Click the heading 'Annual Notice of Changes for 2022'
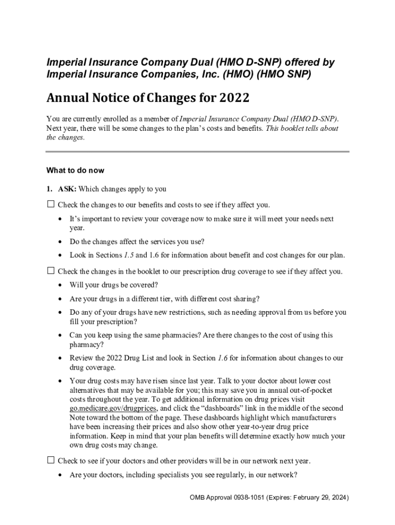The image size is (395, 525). click(148, 97)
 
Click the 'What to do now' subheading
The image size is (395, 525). click(75, 170)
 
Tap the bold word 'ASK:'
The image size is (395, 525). click(67, 189)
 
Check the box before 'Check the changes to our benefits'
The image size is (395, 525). click(50, 205)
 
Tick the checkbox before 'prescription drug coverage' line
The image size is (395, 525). click(50, 271)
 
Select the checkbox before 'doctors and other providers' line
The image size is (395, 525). click(50, 460)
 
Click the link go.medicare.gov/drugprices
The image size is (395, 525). click(112, 409)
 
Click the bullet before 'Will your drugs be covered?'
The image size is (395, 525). click(61, 285)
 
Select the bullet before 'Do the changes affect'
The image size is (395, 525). click(61, 242)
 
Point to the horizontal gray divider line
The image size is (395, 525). click(197, 152)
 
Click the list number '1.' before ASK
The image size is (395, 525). click(50, 189)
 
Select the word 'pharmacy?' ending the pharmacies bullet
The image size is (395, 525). click(85, 345)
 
